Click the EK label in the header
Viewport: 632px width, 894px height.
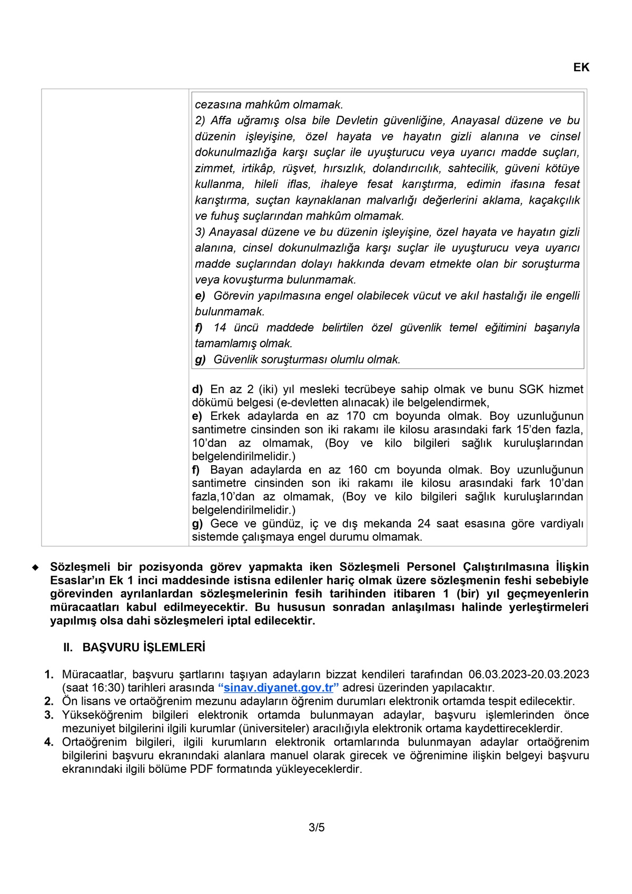click(x=581, y=67)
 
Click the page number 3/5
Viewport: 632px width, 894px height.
click(x=317, y=827)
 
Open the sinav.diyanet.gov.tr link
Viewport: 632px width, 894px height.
click(x=278, y=688)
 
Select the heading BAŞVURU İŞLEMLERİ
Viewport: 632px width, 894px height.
click(x=144, y=647)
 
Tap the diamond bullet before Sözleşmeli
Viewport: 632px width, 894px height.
click(x=36, y=568)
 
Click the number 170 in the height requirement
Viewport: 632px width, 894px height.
click(x=355, y=416)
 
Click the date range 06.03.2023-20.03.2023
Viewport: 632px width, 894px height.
click(x=529, y=674)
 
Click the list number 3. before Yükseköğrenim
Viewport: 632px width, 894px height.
click(x=49, y=715)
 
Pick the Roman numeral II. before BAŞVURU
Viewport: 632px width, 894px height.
click(x=68, y=647)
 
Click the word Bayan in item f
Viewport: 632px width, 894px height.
click(x=226, y=470)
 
